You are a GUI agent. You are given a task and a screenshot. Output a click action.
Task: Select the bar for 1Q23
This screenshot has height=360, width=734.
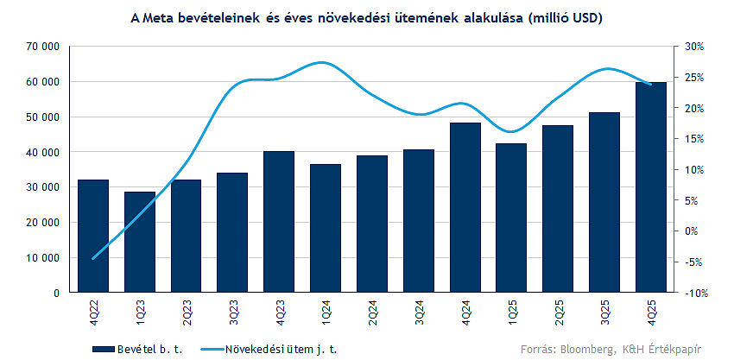click(140, 242)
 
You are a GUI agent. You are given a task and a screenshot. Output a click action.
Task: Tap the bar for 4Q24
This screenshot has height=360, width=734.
click(465, 207)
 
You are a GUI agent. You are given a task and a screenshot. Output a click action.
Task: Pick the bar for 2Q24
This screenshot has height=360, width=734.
click(372, 224)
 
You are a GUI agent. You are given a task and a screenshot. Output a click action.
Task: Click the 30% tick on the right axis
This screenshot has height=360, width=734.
click(695, 46)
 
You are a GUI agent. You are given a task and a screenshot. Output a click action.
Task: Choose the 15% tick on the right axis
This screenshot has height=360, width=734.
click(695, 138)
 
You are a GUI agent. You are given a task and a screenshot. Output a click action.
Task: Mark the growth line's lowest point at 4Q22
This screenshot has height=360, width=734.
click(93, 258)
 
